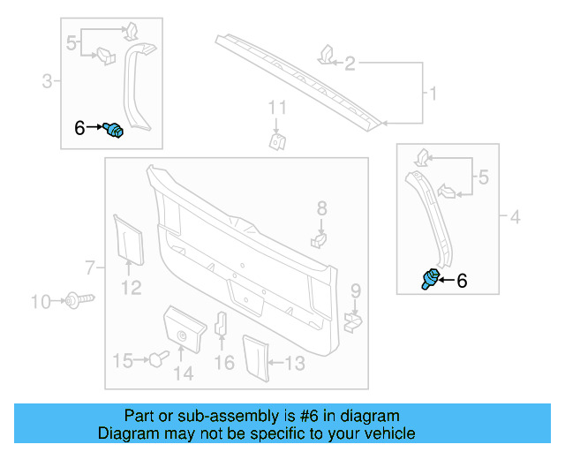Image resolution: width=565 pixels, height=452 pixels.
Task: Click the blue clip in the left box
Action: coord(114,131)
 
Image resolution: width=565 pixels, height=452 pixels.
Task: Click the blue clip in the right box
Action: coord(432,279)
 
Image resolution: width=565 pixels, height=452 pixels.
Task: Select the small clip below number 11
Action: coord(277,141)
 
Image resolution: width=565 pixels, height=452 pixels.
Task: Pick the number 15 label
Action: coord(123,360)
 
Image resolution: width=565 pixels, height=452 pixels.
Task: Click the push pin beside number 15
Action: coord(158,358)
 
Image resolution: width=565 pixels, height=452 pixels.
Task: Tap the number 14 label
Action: coord(183,374)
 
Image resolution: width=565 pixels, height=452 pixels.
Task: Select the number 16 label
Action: coord(225,363)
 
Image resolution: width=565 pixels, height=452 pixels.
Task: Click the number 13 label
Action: coord(295,362)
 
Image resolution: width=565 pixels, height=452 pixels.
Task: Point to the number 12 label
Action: coord(131,287)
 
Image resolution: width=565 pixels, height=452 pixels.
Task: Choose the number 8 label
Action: coord(321,208)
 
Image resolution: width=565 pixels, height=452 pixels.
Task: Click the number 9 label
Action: coord(355,290)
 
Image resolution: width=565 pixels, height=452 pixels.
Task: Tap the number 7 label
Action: coord(89,267)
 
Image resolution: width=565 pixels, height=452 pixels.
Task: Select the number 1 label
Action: coord(433,93)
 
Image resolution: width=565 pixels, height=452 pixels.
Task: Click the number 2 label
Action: coord(350,63)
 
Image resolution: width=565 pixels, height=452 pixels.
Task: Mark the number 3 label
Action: coord(47,82)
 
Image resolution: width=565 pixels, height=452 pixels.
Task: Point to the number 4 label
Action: coord(516,216)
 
